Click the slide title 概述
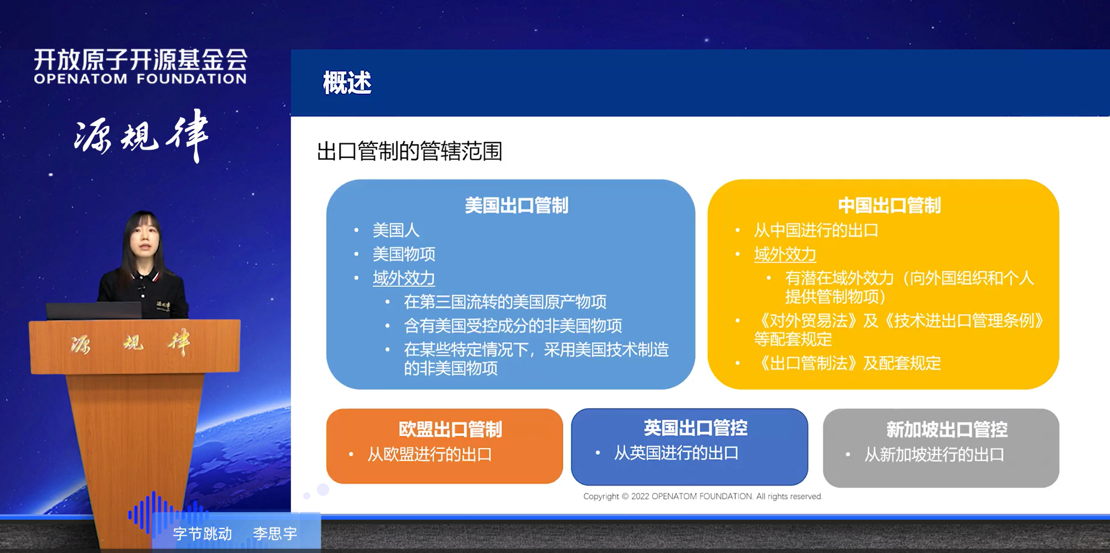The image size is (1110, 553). (347, 83)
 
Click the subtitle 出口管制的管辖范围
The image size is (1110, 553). (409, 152)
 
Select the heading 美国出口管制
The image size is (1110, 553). (516, 205)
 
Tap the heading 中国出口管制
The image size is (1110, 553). (889, 205)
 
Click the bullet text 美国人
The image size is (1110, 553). (396, 230)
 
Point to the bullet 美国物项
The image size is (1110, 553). (403, 254)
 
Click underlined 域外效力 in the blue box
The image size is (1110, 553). (403, 278)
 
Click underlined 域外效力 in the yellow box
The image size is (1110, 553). (785, 254)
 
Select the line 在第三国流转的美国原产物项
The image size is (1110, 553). (504, 302)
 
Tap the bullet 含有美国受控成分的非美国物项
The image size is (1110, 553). (512, 326)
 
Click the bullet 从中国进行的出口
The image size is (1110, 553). (816, 230)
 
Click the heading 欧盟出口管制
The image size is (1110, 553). (450, 429)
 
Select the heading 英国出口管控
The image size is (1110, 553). (695, 428)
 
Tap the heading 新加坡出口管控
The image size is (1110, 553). (947, 429)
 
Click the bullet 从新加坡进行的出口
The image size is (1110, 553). (934, 454)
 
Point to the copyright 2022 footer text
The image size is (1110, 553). (702, 496)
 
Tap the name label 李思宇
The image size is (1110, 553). (275, 534)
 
